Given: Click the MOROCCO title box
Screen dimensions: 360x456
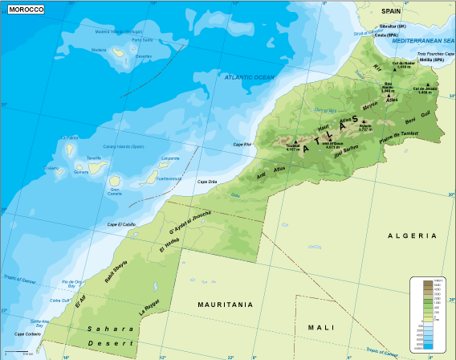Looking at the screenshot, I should [25, 9].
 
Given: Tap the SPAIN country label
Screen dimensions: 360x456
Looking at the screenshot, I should [391, 11].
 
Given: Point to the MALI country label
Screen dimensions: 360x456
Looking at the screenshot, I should [320, 327].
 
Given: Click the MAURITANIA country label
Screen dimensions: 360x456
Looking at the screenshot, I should [226, 305].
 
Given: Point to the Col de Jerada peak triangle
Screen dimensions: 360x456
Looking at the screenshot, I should [429, 84].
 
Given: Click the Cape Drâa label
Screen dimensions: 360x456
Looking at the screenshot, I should [230, 182].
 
